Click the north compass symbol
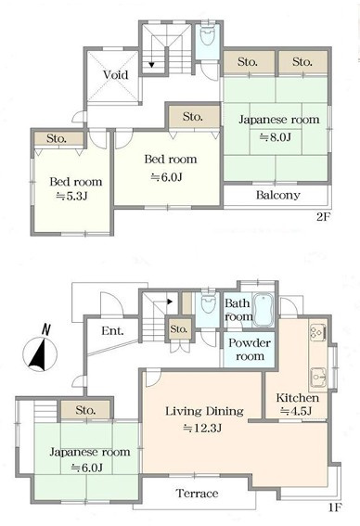(x=40, y=352)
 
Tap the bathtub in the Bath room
(x=264, y=310)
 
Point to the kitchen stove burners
(x=318, y=332)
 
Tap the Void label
(x=115, y=74)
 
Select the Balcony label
(x=277, y=195)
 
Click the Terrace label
(x=197, y=494)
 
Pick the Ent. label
(x=112, y=331)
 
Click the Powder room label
(x=250, y=349)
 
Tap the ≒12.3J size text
(x=202, y=428)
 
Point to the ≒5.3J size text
(x=71, y=197)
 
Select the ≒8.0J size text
(x=276, y=137)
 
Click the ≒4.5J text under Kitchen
(x=296, y=411)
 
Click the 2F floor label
(x=324, y=217)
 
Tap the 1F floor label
(x=335, y=507)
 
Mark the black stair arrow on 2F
(x=151, y=64)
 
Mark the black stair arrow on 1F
(x=170, y=301)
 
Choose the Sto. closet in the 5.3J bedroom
(x=58, y=138)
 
